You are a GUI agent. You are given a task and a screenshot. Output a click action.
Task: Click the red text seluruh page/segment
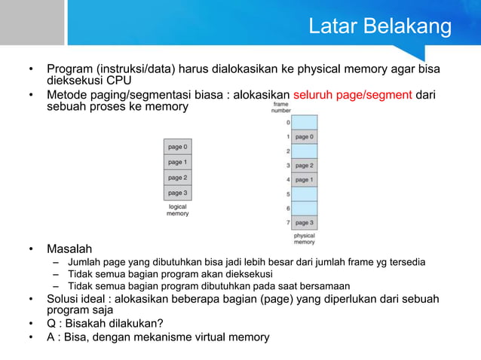[352, 96]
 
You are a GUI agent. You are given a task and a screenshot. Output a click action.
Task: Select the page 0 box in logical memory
[178, 147]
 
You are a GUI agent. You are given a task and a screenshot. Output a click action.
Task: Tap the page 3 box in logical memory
[178, 193]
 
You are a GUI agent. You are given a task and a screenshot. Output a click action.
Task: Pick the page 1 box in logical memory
[178, 162]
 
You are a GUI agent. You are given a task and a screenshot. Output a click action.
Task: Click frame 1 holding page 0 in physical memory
[304, 137]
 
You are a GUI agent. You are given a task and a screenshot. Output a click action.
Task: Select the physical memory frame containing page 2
[304, 165]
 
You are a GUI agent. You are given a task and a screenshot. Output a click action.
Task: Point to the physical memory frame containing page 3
[304, 222]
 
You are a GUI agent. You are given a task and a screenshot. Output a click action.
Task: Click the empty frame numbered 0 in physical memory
[304, 122]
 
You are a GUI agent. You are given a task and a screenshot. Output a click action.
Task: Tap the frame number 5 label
[287, 194]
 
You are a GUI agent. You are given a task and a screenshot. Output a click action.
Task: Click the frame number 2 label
[287, 151]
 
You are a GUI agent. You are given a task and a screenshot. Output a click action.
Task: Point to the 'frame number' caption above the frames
[280, 108]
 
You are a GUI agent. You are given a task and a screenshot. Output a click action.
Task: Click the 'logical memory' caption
[178, 209]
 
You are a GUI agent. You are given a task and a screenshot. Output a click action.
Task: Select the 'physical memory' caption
[304, 239]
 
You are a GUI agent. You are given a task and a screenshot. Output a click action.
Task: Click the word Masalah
[69, 249]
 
